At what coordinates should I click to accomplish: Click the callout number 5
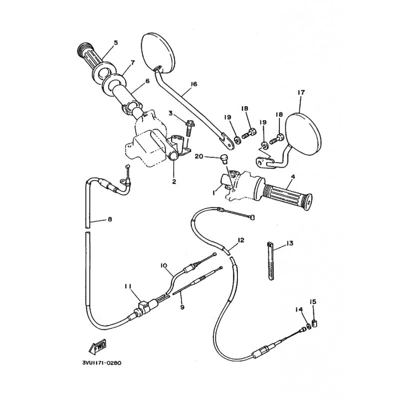pos(116,42)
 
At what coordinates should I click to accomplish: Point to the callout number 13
pos(289,243)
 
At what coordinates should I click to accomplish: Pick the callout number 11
pos(128,286)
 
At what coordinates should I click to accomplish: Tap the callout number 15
pos(313,301)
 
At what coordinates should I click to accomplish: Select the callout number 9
pos(182,307)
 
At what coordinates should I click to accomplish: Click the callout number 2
pos(174,182)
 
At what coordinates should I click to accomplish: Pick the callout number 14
pos(299,310)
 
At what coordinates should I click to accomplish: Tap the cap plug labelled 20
pos(224,159)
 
